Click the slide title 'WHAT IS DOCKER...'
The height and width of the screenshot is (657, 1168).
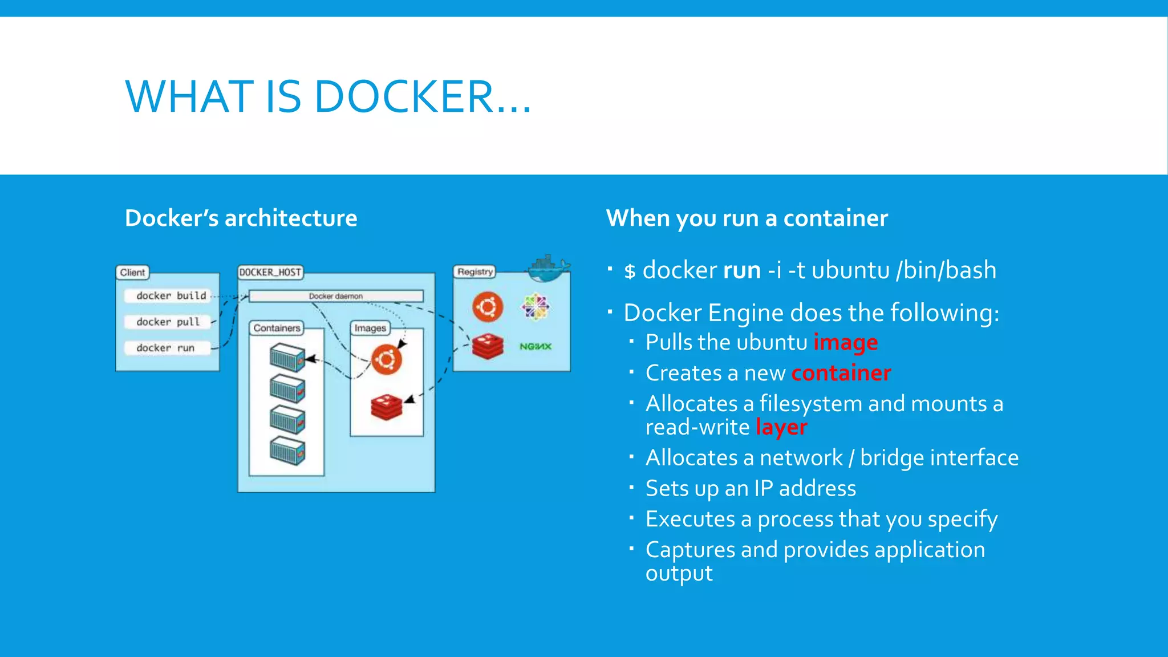pyautogui.click(x=328, y=96)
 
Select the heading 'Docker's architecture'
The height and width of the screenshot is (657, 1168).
pyautogui.click(x=241, y=218)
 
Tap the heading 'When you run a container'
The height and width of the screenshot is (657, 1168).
pyautogui.click(x=747, y=218)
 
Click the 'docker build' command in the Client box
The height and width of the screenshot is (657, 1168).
pyautogui.click(x=171, y=295)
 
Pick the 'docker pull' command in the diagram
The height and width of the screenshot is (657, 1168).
pyautogui.click(x=168, y=322)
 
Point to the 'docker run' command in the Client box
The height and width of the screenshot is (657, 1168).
pyautogui.click(x=165, y=348)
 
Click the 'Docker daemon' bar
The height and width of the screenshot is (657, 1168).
pyautogui.click(x=336, y=296)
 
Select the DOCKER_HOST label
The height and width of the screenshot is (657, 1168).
pyautogui.click(x=270, y=272)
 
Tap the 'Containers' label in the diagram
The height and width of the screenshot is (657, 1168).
pyautogui.click(x=277, y=328)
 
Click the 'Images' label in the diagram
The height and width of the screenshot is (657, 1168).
pyautogui.click(x=370, y=328)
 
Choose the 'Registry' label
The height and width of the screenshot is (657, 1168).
pyautogui.click(x=474, y=271)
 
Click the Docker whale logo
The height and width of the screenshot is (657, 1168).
pyautogui.click(x=548, y=268)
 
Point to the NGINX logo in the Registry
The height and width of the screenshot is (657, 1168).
pyautogui.click(x=535, y=346)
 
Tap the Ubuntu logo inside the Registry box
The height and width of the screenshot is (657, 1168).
pyautogui.click(x=488, y=307)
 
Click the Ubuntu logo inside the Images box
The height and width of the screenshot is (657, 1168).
pyautogui.click(x=387, y=360)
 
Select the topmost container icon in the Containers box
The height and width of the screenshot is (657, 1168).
pyautogui.click(x=287, y=357)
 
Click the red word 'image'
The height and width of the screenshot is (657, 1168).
pyautogui.click(x=845, y=343)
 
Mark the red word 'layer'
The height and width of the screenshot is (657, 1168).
pyautogui.click(x=781, y=427)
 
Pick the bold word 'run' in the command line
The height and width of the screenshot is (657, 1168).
pyautogui.click(x=741, y=270)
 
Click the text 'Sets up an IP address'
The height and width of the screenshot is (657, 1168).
pyautogui.click(x=751, y=489)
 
